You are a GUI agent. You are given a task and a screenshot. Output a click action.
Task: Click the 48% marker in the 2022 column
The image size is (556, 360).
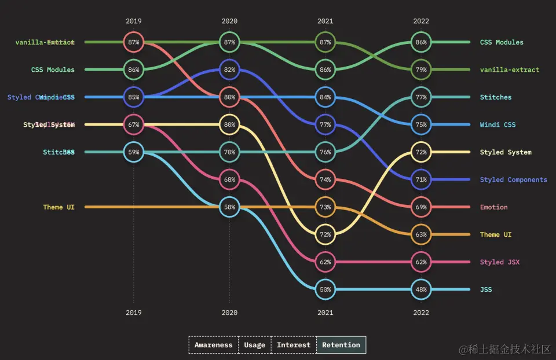421,289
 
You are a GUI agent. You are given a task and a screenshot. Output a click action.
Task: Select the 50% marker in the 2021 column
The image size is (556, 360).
325,289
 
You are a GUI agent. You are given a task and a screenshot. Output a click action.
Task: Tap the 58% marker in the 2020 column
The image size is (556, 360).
229,207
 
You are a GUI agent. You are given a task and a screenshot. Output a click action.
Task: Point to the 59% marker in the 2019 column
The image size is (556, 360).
134,152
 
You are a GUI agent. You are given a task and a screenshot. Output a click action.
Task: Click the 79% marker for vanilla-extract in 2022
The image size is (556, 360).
421,69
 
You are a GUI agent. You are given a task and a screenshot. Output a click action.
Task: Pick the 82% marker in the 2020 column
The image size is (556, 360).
229,69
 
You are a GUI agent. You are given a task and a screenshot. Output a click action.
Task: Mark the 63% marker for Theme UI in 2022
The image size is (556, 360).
421,234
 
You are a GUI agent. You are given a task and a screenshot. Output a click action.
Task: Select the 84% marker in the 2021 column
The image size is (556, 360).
325,97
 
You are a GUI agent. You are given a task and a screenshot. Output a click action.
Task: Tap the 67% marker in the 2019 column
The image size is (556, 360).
134,124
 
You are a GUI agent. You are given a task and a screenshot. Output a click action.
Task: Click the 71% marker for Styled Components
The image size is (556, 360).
421,179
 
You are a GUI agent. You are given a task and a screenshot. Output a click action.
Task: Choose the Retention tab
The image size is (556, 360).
341,345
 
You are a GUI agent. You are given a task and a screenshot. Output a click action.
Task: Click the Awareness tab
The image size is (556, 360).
213,345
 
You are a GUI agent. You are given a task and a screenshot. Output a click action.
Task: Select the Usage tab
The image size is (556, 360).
254,345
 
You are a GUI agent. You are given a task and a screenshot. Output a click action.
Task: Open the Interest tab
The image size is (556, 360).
294,345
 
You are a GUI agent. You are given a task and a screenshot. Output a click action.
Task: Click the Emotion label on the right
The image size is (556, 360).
493,207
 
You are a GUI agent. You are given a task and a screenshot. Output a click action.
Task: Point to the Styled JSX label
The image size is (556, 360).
499,262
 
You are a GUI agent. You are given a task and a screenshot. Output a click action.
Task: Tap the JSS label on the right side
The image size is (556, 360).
485,289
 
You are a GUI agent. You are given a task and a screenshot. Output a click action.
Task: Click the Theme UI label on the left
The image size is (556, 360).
58,207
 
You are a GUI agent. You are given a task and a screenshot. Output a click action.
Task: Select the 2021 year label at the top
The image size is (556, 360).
325,21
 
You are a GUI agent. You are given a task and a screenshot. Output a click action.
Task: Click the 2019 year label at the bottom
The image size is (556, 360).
134,313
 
